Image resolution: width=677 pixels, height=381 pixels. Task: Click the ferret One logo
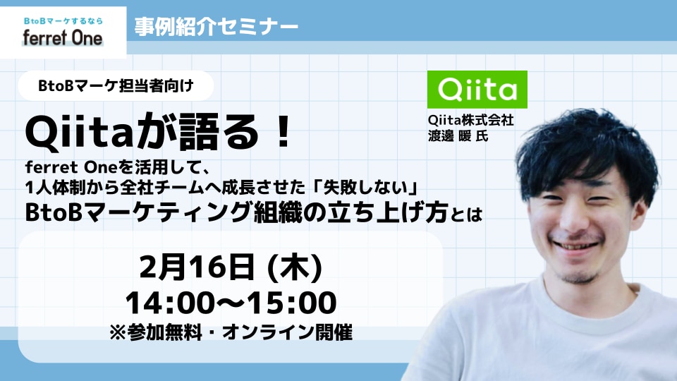63,32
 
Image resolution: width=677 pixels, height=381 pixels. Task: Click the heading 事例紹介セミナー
216,27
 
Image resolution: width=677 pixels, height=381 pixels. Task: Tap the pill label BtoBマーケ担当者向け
116,85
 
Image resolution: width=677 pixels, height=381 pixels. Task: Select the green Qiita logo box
477,90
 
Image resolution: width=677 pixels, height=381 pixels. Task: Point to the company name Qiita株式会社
470,120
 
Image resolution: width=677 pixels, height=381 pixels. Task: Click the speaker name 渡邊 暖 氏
458,135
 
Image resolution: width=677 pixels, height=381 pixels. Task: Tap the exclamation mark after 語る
283,132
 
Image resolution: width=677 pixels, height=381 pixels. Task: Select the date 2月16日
197,267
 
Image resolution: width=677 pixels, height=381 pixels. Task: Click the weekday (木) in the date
295,267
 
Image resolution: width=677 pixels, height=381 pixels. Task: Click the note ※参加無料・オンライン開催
231,332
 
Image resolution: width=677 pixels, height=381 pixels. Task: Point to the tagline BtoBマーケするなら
63,20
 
